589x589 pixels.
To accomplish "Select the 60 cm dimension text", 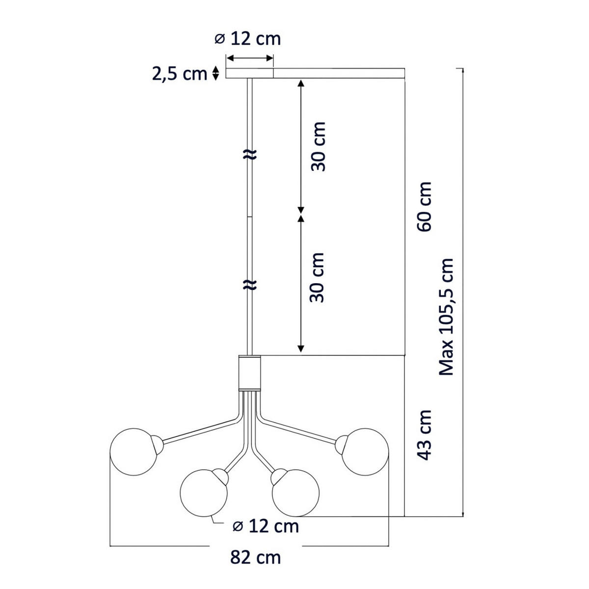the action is point(424,207).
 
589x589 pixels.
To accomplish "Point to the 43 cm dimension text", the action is point(424,435).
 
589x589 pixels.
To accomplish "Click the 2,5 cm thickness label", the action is point(180,74).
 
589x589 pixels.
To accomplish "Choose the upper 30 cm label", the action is point(318,146).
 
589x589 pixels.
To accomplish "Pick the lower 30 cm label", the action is point(317,277).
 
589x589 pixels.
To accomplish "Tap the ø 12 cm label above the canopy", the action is point(247,39).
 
